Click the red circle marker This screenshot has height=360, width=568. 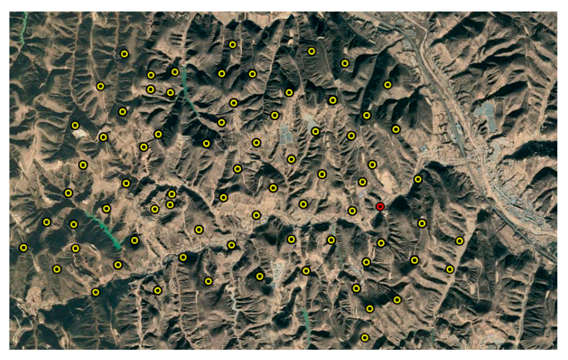pos(380,207)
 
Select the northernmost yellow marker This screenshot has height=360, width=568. pos(232,44)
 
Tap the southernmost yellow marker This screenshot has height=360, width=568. pos(365,337)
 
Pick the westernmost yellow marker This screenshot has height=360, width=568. pos(23,247)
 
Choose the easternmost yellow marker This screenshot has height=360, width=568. pos(459,241)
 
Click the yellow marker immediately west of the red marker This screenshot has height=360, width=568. pos(352,211)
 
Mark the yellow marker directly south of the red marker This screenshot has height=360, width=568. pos(381,243)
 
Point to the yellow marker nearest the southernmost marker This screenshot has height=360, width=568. pos(370,308)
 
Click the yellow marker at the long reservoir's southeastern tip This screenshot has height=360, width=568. pos(135,241)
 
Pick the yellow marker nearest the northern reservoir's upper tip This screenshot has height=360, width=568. pos(175,72)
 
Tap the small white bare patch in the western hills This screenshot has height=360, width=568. pos(79,134)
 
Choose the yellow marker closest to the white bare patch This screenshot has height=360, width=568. pos(75,125)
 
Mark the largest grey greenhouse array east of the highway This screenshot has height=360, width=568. pos(484,112)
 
